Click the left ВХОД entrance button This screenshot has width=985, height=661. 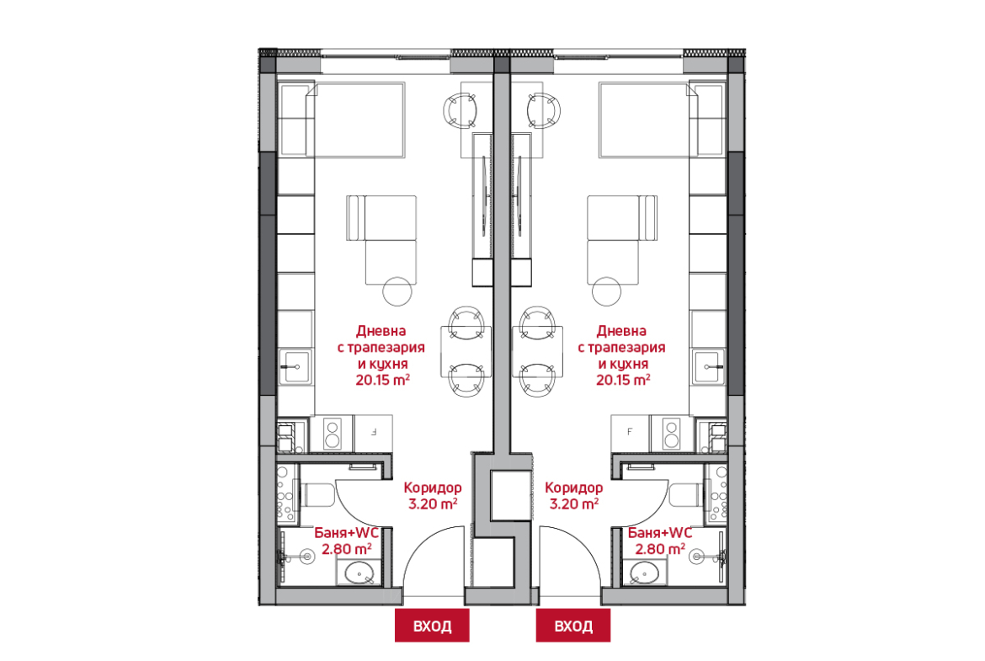pyautogui.click(x=432, y=625)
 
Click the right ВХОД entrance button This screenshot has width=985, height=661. pyautogui.click(x=573, y=625)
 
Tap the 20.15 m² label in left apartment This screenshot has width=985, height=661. pyautogui.click(x=382, y=380)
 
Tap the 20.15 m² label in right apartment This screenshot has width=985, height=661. pyautogui.click(x=623, y=380)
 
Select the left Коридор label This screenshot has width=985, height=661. pyautogui.click(x=433, y=488)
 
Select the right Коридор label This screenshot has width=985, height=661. pyautogui.click(x=573, y=488)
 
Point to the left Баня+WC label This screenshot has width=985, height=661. pyautogui.click(x=346, y=533)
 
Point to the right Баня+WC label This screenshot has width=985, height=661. pyautogui.click(x=659, y=533)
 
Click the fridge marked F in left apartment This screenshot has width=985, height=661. pyautogui.click(x=373, y=432)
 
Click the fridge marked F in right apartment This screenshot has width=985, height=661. pyautogui.click(x=631, y=432)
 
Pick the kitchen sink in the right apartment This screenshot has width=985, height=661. pyautogui.click(x=710, y=366)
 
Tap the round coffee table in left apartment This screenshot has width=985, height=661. pyautogui.click(x=397, y=291)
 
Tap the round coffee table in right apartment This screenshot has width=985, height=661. pyautogui.click(x=606, y=291)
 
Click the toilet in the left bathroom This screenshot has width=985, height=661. pyautogui.click(x=319, y=495)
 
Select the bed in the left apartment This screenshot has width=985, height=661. pyautogui.click(x=355, y=120)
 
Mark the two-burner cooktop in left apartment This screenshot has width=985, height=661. pyautogui.click(x=332, y=434)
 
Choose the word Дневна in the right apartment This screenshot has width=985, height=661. pyautogui.click(x=622, y=330)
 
